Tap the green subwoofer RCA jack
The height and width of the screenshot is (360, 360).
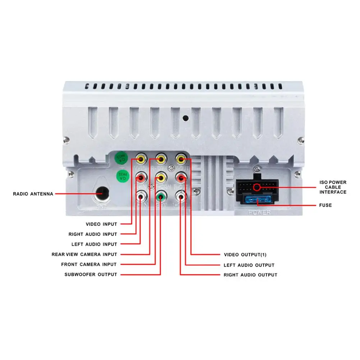[161, 196]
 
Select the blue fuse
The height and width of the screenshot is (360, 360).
[258, 200]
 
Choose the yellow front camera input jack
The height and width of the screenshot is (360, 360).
[161, 177]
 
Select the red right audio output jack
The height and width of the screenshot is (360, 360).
[181, 177]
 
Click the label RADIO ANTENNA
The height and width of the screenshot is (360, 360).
[33, 194]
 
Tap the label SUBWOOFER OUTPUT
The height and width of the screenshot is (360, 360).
[91, 274]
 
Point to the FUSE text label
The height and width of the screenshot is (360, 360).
[325, 205]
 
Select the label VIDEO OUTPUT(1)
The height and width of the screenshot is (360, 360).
[245, 255]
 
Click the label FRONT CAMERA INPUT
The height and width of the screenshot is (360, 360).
[89, 264]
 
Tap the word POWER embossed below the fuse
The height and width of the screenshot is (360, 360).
[260, 213]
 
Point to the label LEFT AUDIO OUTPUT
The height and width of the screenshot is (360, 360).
[249, 265]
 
